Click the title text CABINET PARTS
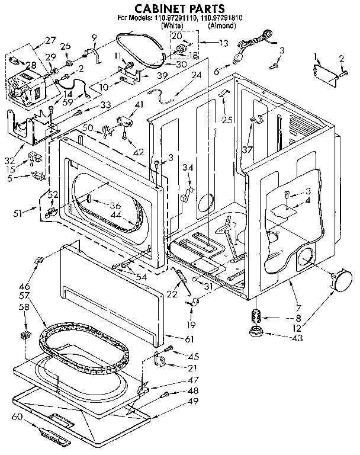coord(172,8)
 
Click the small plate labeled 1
coord(323,70)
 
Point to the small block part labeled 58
coord(25,336)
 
